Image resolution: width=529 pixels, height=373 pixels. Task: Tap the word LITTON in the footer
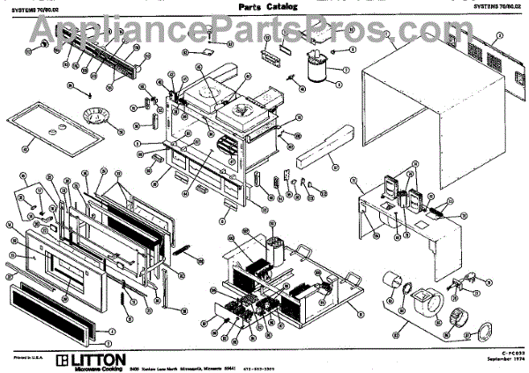click(98, 360)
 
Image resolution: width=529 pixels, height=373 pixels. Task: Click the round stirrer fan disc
click(91, 114)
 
